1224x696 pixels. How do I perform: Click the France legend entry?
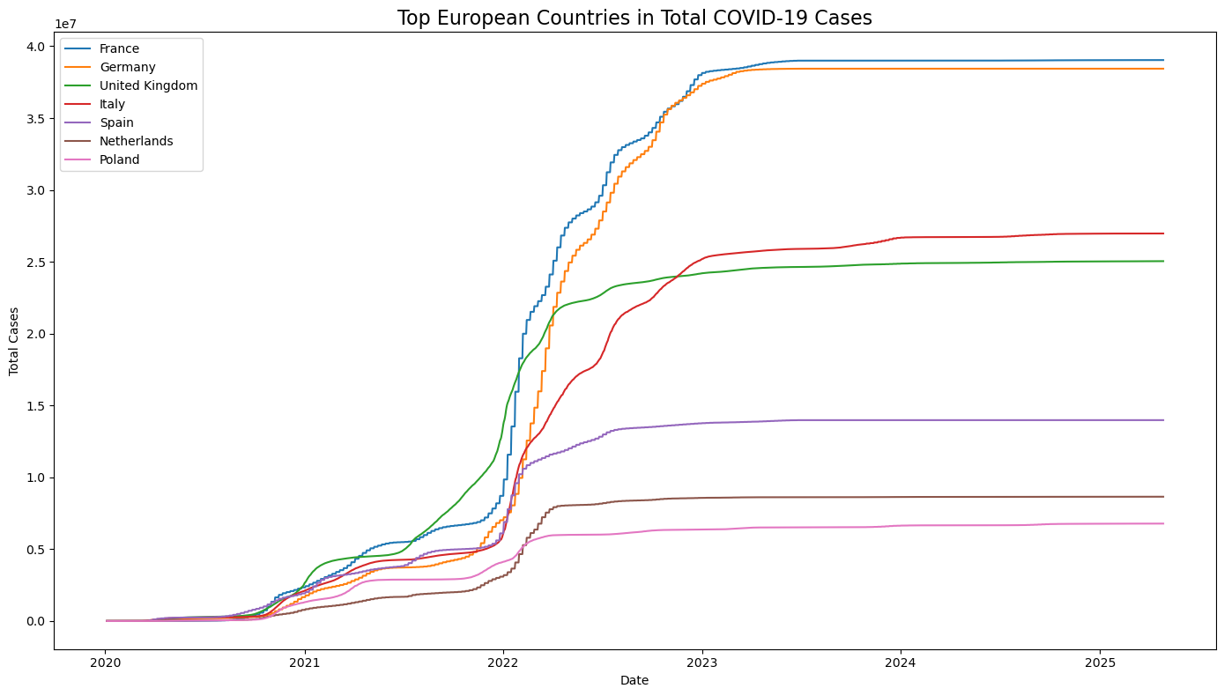tap(119, 49)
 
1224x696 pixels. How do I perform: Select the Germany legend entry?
tap(127, 68)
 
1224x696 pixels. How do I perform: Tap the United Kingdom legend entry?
tap(148, 85)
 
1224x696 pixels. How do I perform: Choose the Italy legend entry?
tap(113, 104)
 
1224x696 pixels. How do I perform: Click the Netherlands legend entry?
tap(136, 141)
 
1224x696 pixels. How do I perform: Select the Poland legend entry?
tap(119, 159)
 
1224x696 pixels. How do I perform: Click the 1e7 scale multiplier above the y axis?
tap(66, 25)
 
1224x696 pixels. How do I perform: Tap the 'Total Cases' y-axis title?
tap(14, 341)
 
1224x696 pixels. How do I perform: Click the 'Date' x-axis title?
tap(634, 681)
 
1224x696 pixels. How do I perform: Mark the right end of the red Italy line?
tap(1163, 233)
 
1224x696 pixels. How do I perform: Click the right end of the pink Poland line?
tap(1163, 523)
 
